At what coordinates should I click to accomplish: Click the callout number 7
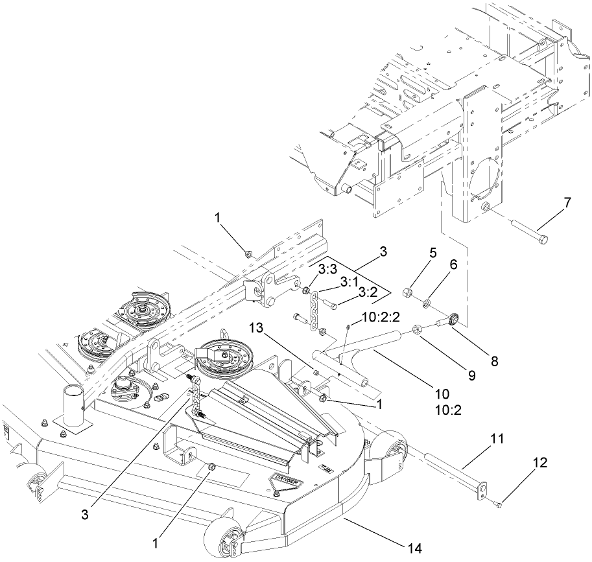[x=567, y=202]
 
